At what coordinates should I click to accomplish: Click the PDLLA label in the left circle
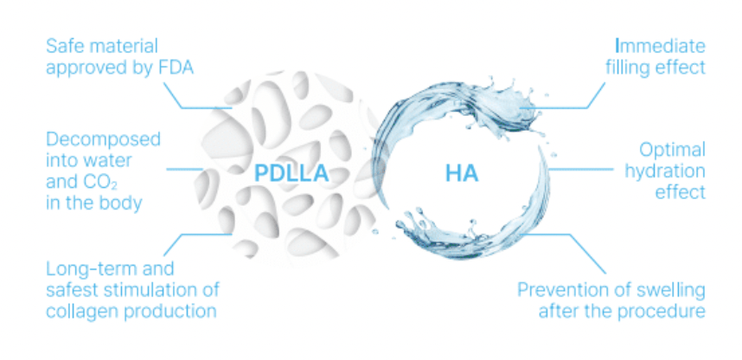point(291,174)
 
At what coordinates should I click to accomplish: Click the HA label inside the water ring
point(462,174)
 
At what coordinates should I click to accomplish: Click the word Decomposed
point(103,139)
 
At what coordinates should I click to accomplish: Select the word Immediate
point(660,46)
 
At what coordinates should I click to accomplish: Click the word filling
point(628,67)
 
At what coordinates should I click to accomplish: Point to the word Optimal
point(673,150)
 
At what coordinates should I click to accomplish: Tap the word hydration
point(665,171)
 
